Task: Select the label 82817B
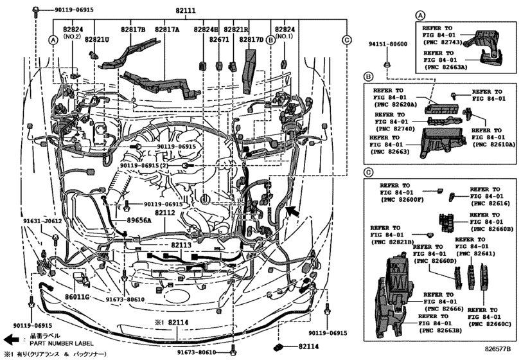click(132, 30)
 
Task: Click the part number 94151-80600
click(387, 44)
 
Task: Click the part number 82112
click(164, 213)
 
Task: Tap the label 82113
click(181, 245)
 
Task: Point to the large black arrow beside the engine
click(293, 210)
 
